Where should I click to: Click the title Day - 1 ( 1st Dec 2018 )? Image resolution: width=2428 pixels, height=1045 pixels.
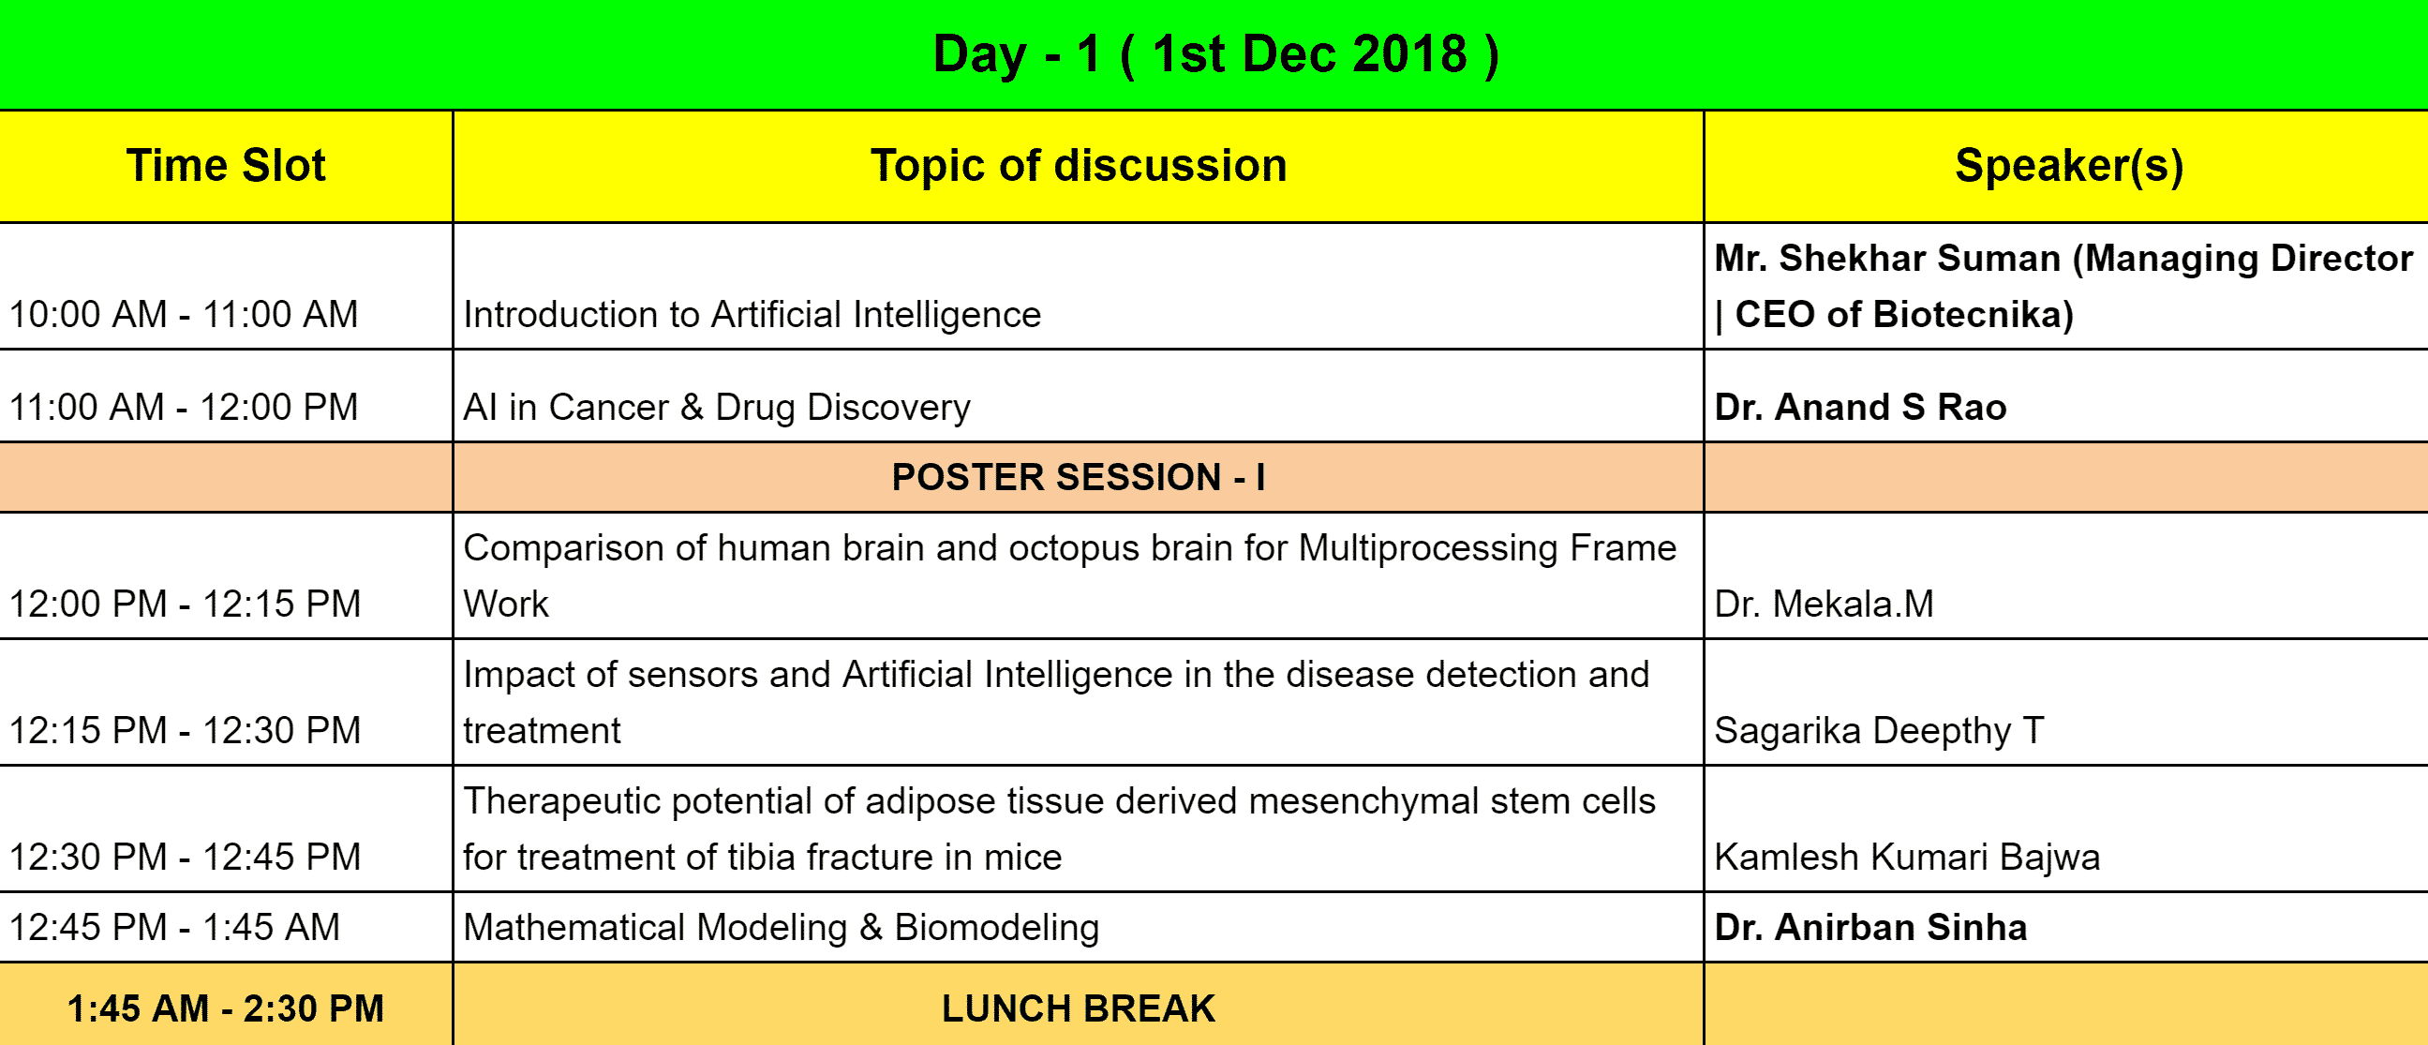point(1216,53)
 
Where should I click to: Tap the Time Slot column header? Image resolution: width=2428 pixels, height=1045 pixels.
point(226,165)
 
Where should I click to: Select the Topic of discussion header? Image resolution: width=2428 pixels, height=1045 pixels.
point(1079,166)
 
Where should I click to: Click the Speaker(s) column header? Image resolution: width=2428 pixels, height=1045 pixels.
point(2069,166)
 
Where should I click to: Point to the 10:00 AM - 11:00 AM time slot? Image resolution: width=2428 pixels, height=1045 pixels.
point(184,314)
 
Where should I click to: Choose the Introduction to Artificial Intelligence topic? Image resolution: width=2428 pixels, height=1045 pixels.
point(752,315)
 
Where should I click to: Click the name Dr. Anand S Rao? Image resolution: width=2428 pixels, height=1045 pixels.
point(1859,407)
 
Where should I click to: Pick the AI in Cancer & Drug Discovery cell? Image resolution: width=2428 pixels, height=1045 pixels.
point(716,407)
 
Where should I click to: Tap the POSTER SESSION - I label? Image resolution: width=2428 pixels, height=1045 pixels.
point(1079,477)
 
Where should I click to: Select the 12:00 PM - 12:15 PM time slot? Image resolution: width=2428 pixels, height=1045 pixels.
point(185,604)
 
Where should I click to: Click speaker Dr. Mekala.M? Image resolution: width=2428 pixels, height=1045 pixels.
point(1824,604)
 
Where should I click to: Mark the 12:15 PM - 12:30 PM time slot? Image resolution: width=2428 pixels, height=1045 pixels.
point(185,730)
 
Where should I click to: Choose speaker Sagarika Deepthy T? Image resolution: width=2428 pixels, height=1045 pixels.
point(1879,731)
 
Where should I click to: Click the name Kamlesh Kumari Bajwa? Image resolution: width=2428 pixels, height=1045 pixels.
point(1907,858)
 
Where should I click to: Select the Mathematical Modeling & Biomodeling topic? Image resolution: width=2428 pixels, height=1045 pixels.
point(782,928)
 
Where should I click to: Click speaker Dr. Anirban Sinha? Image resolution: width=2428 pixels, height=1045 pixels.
point(1870,927)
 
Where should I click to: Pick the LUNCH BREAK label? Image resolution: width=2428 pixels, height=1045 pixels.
point(1079,1008)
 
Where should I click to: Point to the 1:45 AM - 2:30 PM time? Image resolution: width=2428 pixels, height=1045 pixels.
point(226,1008)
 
